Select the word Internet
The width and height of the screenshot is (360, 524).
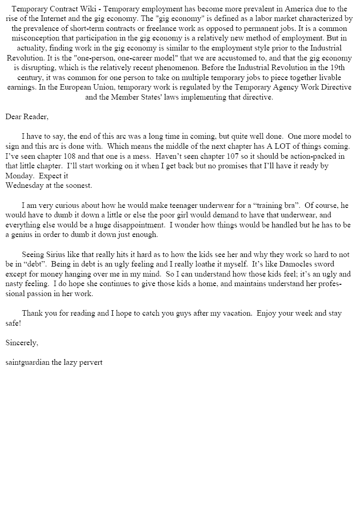(71, 19)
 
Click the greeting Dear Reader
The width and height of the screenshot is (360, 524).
(27, 116)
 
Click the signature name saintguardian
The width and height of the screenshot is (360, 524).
(27, 363)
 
